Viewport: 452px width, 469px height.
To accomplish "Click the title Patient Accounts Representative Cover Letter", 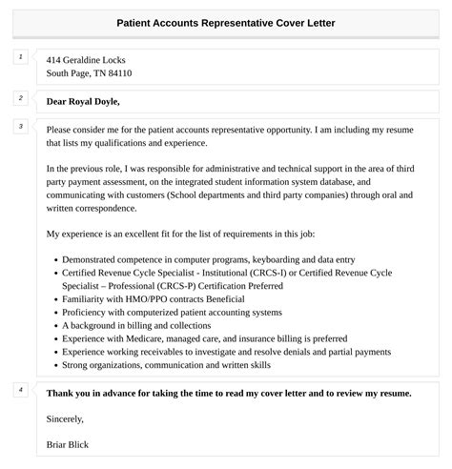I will click(x=225, y=21).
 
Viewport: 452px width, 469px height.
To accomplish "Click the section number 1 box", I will click(x=20, y=57).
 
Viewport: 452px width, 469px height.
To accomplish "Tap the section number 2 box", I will click(x=20, y=97).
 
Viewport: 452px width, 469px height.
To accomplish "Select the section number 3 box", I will click(x=20, y=127).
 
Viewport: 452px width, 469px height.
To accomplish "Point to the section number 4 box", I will click(x=20, y=389).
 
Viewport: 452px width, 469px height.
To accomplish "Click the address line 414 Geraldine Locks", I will click(x=86, y=59).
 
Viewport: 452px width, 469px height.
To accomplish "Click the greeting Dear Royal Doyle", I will click(x=83, y=101).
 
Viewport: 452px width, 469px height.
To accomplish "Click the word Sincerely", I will click(x=65, y=418).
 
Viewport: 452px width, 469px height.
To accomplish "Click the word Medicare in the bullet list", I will click(x=158, y=337).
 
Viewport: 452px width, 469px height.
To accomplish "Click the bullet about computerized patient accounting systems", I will click(x=172, y=312).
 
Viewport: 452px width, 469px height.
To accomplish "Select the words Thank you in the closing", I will click(x=70, y=393).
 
